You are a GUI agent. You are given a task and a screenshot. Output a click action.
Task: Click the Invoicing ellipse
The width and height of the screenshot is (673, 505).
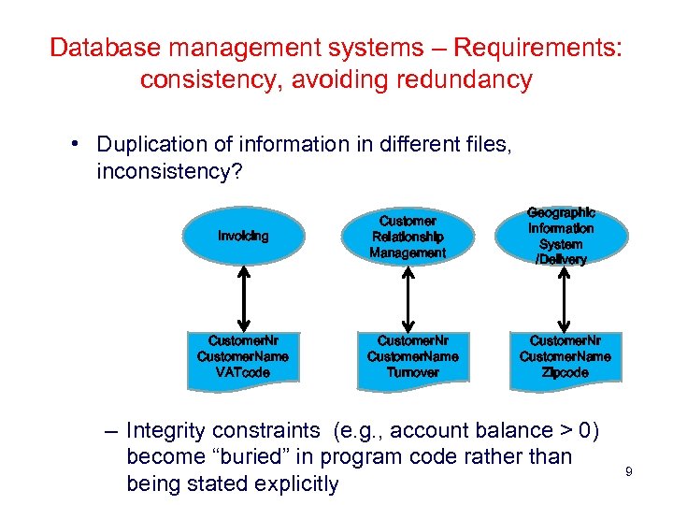(x=243, y=237)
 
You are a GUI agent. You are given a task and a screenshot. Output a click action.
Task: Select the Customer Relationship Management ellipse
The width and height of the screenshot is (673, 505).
(x=408, y=237)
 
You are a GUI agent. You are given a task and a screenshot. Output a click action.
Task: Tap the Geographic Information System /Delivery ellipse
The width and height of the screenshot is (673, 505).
(x=561, y=237)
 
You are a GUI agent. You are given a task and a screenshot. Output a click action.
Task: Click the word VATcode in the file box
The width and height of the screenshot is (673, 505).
(x=243, y=372)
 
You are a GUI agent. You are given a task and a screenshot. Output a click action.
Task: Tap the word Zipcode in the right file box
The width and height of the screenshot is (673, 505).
(x=565, y=372)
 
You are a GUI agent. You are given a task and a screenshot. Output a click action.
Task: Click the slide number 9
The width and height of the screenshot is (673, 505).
(x=629, y=472)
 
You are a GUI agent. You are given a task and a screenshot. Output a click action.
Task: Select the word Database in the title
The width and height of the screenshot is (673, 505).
(x=100, y=48)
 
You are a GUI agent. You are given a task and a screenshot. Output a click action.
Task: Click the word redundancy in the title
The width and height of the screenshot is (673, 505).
(x=464, y=79)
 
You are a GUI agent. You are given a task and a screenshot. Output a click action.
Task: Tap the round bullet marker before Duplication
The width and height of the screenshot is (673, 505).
(x=74, y=144)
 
